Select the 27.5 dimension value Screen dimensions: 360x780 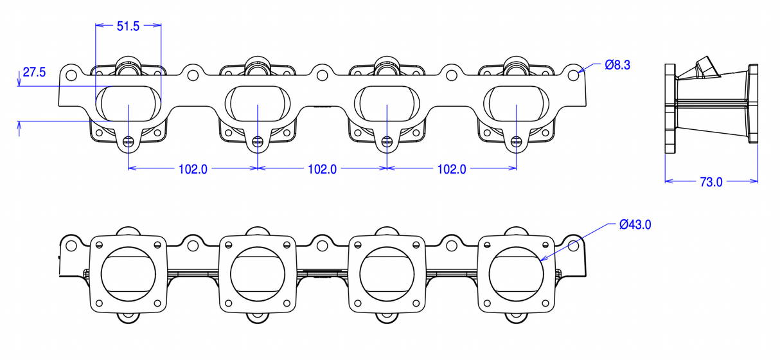pyautogui.click(x=34, y=73)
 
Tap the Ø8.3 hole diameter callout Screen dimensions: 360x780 pyautogui.click(x=617, y=65)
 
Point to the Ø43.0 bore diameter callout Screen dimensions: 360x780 pyautogui.click(x=635, y=225)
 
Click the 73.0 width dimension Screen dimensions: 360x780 pyautogui.click(x=711, y=182)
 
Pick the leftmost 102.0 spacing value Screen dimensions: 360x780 pyautogui.click(x=193, y=170)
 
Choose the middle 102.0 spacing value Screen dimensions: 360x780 pyautogui.click(x=323, y=170)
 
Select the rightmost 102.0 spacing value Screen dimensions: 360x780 pyautogui.click(x=452, y=170)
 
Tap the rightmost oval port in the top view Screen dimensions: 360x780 pyautogui.click(x=517, y=102)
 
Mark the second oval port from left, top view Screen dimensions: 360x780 pyautogui.click(x=258, y=102)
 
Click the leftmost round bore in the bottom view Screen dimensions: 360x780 pyautogui.click(x=129, y=274)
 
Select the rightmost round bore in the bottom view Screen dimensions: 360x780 pyautogui.click(x=517, y=274)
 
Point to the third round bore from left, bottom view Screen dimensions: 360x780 pyautogui.click(x=387, y=274)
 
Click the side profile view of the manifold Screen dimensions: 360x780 pyautogui.click(x=711, y=109)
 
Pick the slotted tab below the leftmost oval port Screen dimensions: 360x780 pyautogui.click(x=129, y=141)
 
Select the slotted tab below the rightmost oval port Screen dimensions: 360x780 pyautogui.click(x=517, y=141)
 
